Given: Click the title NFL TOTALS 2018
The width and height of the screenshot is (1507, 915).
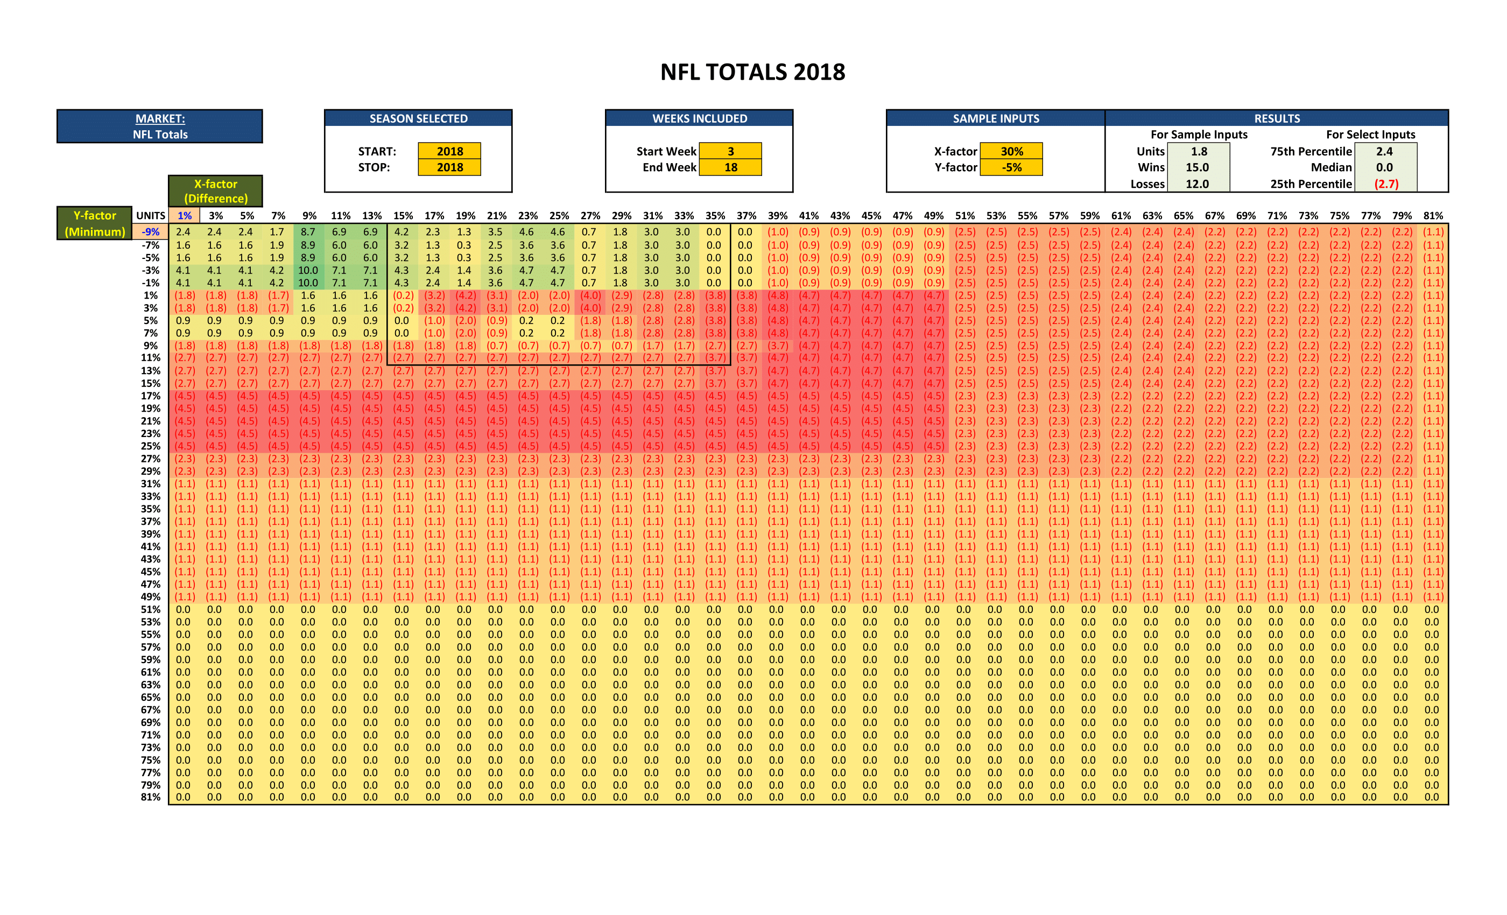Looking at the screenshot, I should coord(752,72).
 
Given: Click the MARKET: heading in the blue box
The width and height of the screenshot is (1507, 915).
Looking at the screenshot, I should coord(160,118).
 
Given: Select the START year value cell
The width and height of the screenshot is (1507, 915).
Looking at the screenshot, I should coord(449,151).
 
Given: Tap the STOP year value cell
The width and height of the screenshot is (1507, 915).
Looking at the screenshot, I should coord(449,167).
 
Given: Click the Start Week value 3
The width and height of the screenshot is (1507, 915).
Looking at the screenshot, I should coord(730,151).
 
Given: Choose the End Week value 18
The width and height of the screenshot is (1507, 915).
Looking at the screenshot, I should coord(730,167).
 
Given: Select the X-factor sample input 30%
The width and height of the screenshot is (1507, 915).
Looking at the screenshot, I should coord(1012,151).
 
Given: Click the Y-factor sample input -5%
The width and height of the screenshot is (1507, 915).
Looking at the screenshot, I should coord(1012,167).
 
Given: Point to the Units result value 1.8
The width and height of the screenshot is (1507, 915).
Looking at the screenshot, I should coord(1199,151).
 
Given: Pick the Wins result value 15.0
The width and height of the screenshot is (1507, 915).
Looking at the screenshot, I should coord(1198,167).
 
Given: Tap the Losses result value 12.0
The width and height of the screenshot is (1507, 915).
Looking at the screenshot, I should coord(1198,184).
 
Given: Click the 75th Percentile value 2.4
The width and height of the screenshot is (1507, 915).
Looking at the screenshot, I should coord(1385,151).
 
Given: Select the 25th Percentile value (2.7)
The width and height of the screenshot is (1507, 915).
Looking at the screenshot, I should coord(1386,184).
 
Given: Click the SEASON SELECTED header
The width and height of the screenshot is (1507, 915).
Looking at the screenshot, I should coord(418,118).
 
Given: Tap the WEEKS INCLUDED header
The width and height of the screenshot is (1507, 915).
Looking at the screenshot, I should coord(700,118).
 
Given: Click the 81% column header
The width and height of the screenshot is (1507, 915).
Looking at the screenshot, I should coord(1433,216).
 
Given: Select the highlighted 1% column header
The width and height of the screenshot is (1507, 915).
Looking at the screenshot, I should coord(184,216).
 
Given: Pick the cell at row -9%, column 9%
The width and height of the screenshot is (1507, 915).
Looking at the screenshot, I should coord(308,233).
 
